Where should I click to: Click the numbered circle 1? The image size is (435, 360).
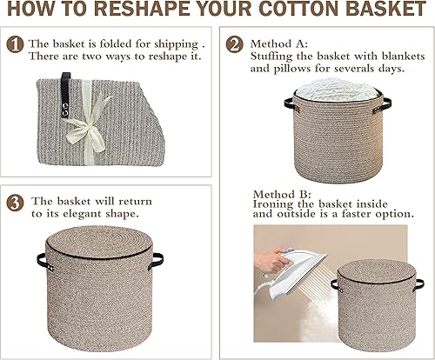pos(15,43)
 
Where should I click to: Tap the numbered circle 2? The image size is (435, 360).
pos(235,43)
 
